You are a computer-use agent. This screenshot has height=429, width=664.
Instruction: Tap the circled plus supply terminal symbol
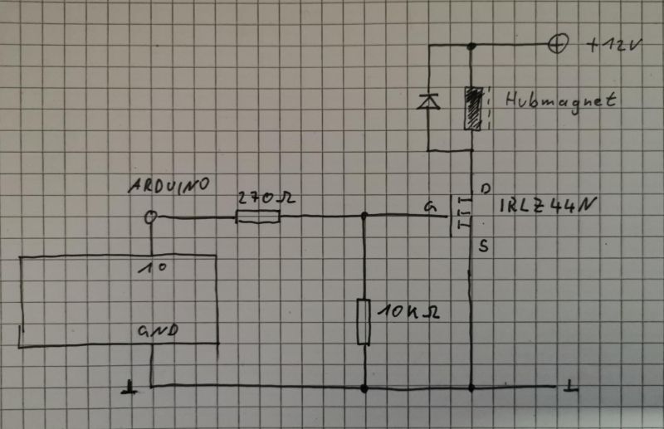pos(559,46)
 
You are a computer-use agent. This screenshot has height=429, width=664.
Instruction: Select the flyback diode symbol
pos(427,102)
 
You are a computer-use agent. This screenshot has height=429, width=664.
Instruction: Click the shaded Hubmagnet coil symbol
pos(472,108)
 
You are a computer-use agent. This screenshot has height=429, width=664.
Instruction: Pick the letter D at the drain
pos(485,188)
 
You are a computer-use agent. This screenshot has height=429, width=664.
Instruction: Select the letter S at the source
pos(484,246)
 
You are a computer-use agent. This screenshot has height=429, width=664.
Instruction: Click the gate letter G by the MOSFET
pos(428,207)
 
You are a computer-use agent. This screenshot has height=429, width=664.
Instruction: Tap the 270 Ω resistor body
pos(258,217)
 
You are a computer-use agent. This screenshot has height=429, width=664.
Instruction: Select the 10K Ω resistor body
pos(363,321)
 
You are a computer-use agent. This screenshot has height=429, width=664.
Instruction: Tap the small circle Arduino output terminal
pos(151,217)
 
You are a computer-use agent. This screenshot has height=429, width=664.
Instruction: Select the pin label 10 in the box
pos(150,269)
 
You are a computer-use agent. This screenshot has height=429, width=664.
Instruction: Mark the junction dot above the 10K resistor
pos(364,217)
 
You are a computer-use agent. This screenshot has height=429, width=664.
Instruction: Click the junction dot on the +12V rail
pos(471,46)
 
